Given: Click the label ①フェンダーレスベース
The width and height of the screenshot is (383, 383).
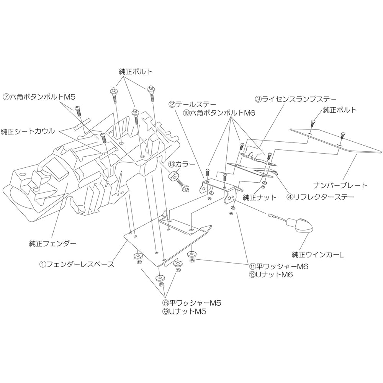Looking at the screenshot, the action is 77,264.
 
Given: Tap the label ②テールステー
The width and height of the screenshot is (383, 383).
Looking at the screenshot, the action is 192,105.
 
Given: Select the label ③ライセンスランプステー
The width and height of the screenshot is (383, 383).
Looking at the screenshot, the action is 296,99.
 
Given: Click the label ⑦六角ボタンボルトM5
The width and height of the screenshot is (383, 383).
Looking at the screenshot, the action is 39,97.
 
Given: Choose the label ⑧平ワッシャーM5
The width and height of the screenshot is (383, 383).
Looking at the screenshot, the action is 192,303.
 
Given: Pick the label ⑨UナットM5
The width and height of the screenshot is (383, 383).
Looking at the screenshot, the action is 185,311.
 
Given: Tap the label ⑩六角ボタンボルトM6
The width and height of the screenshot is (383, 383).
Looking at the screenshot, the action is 219,113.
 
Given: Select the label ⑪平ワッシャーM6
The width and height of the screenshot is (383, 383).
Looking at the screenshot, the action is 278,266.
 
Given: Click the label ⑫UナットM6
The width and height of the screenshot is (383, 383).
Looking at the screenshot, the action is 271,275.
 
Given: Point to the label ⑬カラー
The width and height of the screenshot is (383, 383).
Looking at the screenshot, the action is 181,164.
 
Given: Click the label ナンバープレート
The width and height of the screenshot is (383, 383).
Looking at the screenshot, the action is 340,185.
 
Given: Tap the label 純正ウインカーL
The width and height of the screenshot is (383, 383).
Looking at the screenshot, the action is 318,255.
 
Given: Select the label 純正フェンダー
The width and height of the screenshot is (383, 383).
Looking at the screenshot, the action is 52,244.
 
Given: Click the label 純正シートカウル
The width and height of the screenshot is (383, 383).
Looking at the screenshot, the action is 28,131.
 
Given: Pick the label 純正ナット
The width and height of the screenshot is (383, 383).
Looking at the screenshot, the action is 259,197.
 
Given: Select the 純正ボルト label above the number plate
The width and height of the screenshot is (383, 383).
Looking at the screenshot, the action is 340,110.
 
